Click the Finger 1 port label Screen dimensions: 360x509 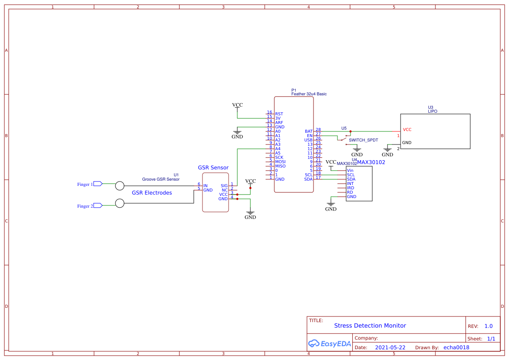(x=85, y=184)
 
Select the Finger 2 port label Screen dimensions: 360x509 (x=85, y=206)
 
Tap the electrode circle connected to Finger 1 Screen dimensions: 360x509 (x=120, y=186)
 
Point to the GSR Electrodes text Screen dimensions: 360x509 (x=152, y=193)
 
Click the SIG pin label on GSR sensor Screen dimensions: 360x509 (x=224, y=186)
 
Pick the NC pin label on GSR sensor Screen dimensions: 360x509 (x=225, y=190)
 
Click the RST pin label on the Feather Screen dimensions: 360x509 (x=279, y=114)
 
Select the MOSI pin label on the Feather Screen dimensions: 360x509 (x=280, y=161)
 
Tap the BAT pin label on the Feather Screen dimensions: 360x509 (x=309, y=131)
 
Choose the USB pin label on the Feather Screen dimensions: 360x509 (x=308, y=140)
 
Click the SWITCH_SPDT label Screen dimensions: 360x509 (x=364, y=140)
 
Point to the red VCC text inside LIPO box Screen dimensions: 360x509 (x=407, y=130)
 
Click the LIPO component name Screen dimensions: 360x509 (x=432, y=111)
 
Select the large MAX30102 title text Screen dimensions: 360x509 (x=371, y=162)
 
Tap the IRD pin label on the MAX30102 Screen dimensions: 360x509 (x=351, y=188)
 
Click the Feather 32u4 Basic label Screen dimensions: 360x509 (x=309, y=94)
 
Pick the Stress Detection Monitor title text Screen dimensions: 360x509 (x=370, y=326)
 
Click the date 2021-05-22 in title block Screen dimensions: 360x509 (x=390, y=347)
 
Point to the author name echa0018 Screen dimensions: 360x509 (x=456, y=347)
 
